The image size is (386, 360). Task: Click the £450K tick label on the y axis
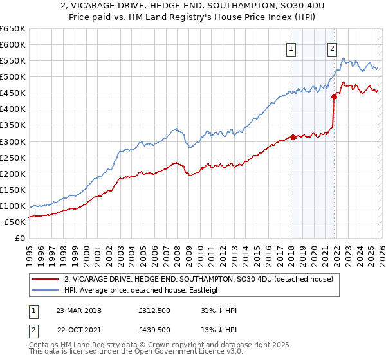click(13, 93)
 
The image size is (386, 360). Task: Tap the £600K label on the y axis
click(13, 45)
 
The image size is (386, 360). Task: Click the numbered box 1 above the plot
click(291, 47)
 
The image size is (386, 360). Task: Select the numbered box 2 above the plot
click(333, 47)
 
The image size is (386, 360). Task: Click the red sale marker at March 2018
click(293, 137)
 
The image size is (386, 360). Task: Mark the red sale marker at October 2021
click(334, 96)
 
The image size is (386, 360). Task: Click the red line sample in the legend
click(45, 279)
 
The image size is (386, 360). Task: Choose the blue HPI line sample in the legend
click(45, 290)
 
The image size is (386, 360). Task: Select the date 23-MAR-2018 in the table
click(78, 310)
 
